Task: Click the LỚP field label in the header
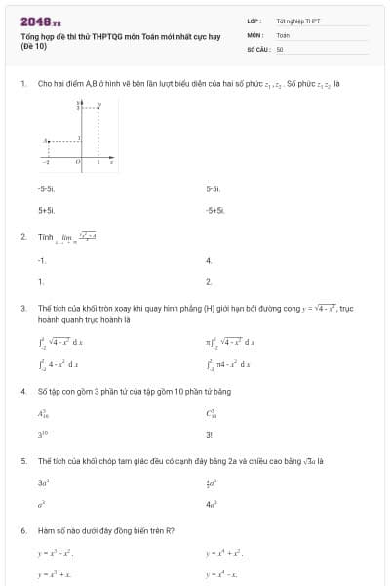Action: pos(253,21)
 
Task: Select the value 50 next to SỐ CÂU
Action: pos(280,48)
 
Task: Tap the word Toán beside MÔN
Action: pos(283,34)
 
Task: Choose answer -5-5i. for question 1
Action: pos(46,188)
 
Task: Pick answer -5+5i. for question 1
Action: pos(215,210)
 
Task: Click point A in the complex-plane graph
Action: pos(45,141)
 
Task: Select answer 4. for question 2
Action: pos(209,260)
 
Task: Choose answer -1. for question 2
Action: pos(41,260)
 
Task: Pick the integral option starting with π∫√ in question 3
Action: pos(230,342)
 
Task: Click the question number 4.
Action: pos(22,391)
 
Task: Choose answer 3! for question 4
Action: pos(210,434)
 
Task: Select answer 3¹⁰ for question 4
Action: pos(43,434)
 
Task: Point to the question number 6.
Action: pos(22,530)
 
